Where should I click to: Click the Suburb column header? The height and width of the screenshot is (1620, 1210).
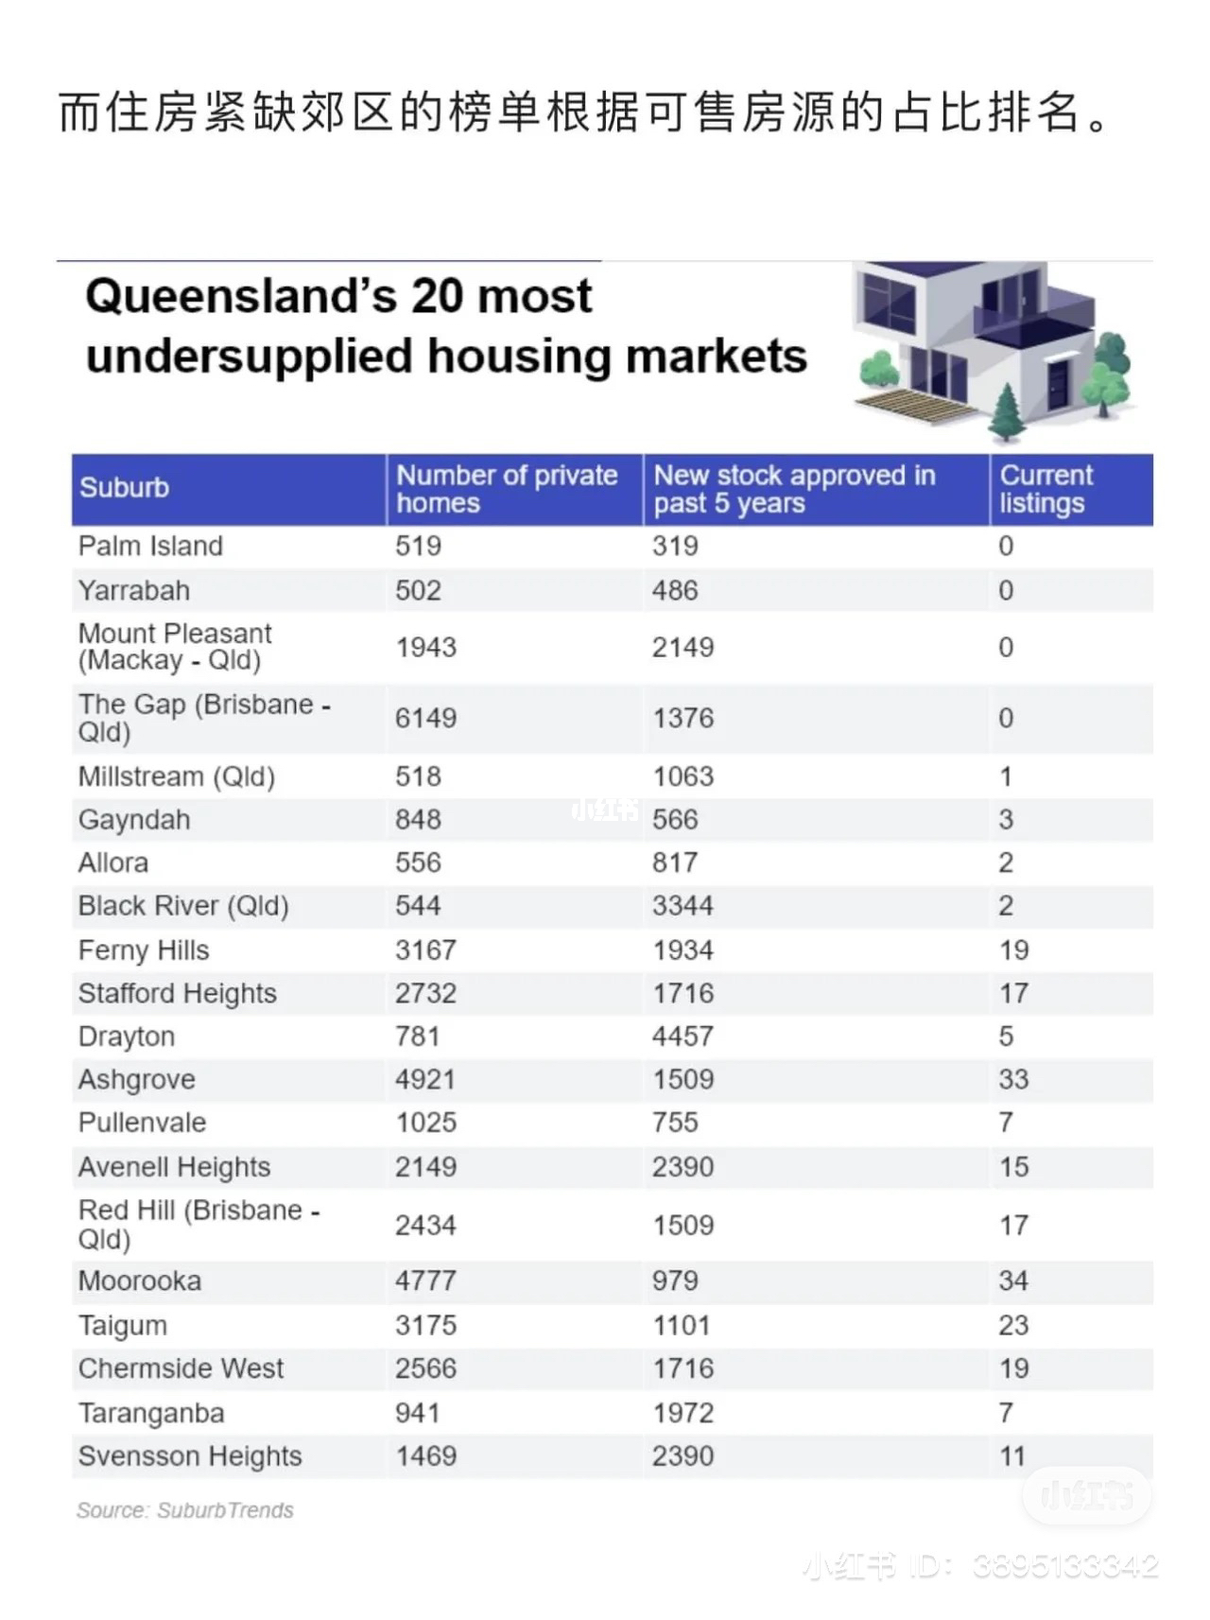pos(124,487)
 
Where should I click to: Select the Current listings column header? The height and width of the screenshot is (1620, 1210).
pos(1046,489)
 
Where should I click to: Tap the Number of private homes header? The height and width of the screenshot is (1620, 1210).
pos(506,489)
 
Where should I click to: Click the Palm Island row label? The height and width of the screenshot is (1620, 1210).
pos(150,546)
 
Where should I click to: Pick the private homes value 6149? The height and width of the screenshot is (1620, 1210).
pos(425,718)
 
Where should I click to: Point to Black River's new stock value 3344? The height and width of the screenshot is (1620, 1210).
pos(682,906)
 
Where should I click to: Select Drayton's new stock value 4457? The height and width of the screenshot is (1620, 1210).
pos(682,1036)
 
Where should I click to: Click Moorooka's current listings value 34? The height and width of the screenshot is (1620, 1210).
pos(1013,1280)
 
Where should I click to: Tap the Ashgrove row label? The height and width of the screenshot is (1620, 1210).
pos(137,1079)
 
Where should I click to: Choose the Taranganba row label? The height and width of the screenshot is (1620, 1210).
pos(151,1413)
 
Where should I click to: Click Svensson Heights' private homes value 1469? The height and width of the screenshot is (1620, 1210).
pos(425,1455)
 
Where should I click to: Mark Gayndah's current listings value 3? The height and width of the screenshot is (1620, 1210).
pos(1006,819)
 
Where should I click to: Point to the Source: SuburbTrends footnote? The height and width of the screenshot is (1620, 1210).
pos(185,1510)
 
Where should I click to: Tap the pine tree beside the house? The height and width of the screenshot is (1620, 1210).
pos(1007,413)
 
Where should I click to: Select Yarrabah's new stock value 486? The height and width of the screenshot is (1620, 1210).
pos(674,590)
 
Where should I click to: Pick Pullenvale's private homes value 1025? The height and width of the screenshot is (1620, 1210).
pos(425,1123)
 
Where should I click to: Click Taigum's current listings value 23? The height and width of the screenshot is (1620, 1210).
pos(1013,1325)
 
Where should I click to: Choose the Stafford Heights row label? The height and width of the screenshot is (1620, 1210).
pos(178,993)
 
